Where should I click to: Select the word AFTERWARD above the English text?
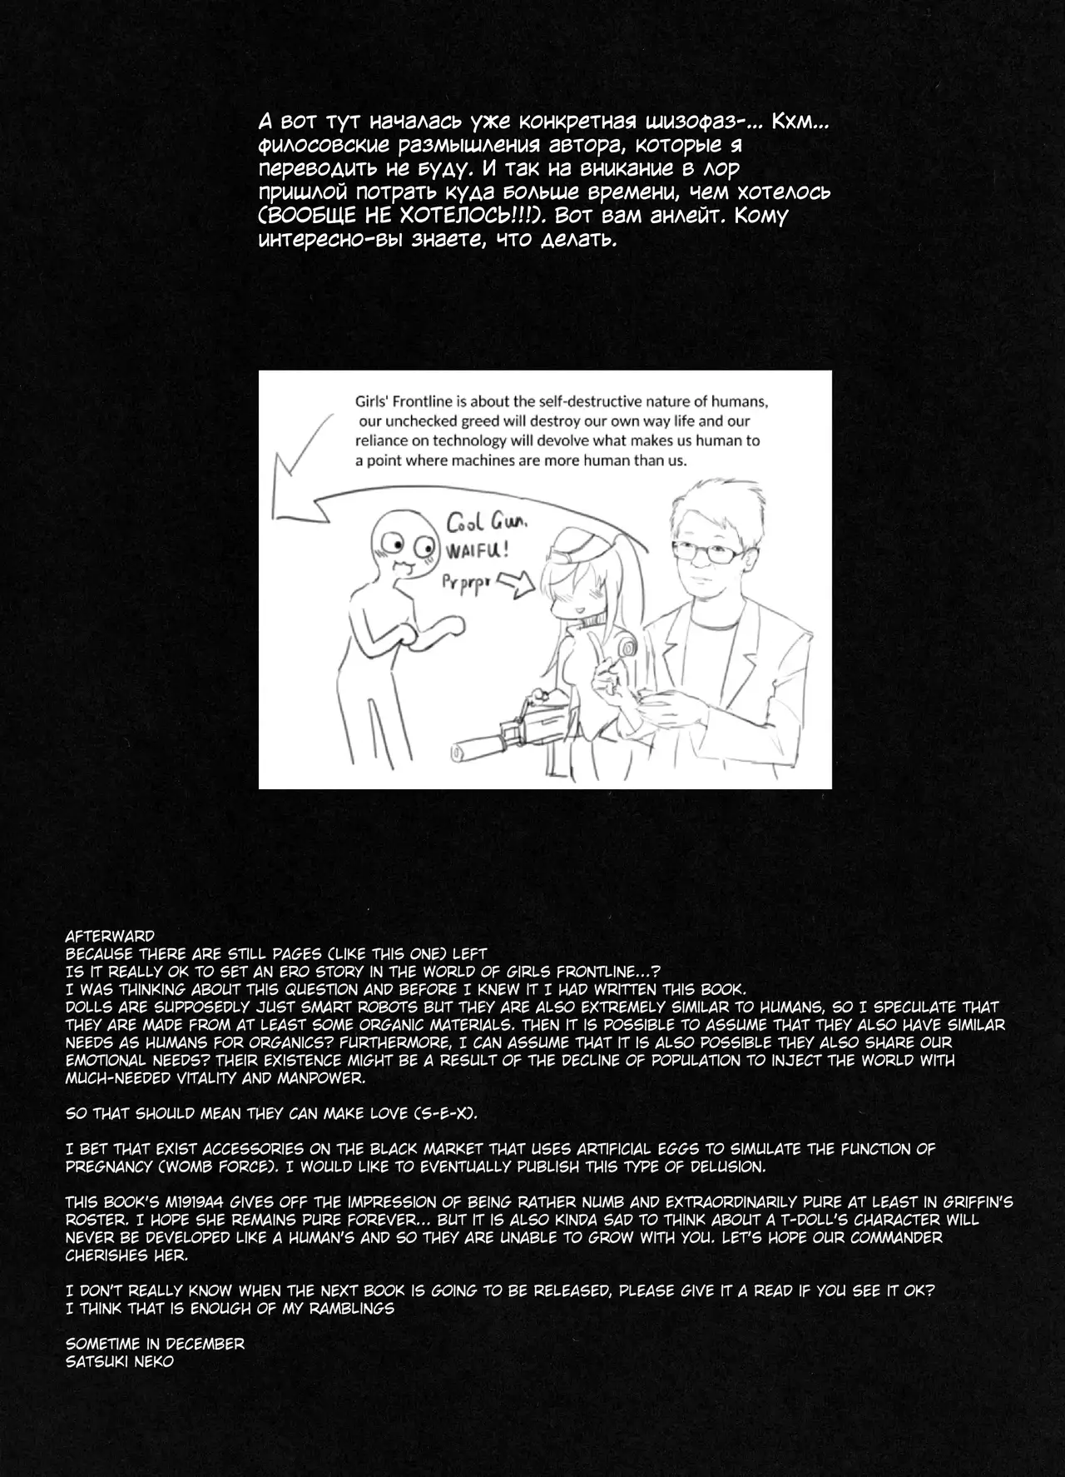click(110, 935)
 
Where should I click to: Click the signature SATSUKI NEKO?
click(120, 1362)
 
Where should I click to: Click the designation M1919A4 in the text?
click(196, 1201)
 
